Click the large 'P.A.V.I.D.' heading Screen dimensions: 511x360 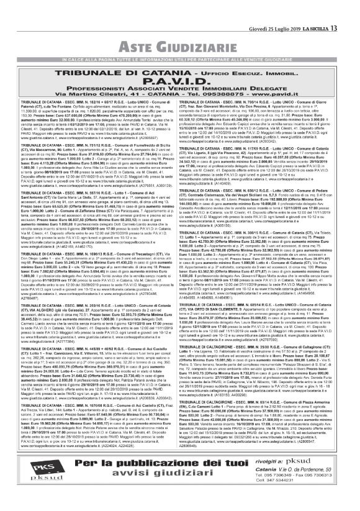coord(180,65)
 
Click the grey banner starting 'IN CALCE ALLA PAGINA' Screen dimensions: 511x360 coord(180,43)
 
